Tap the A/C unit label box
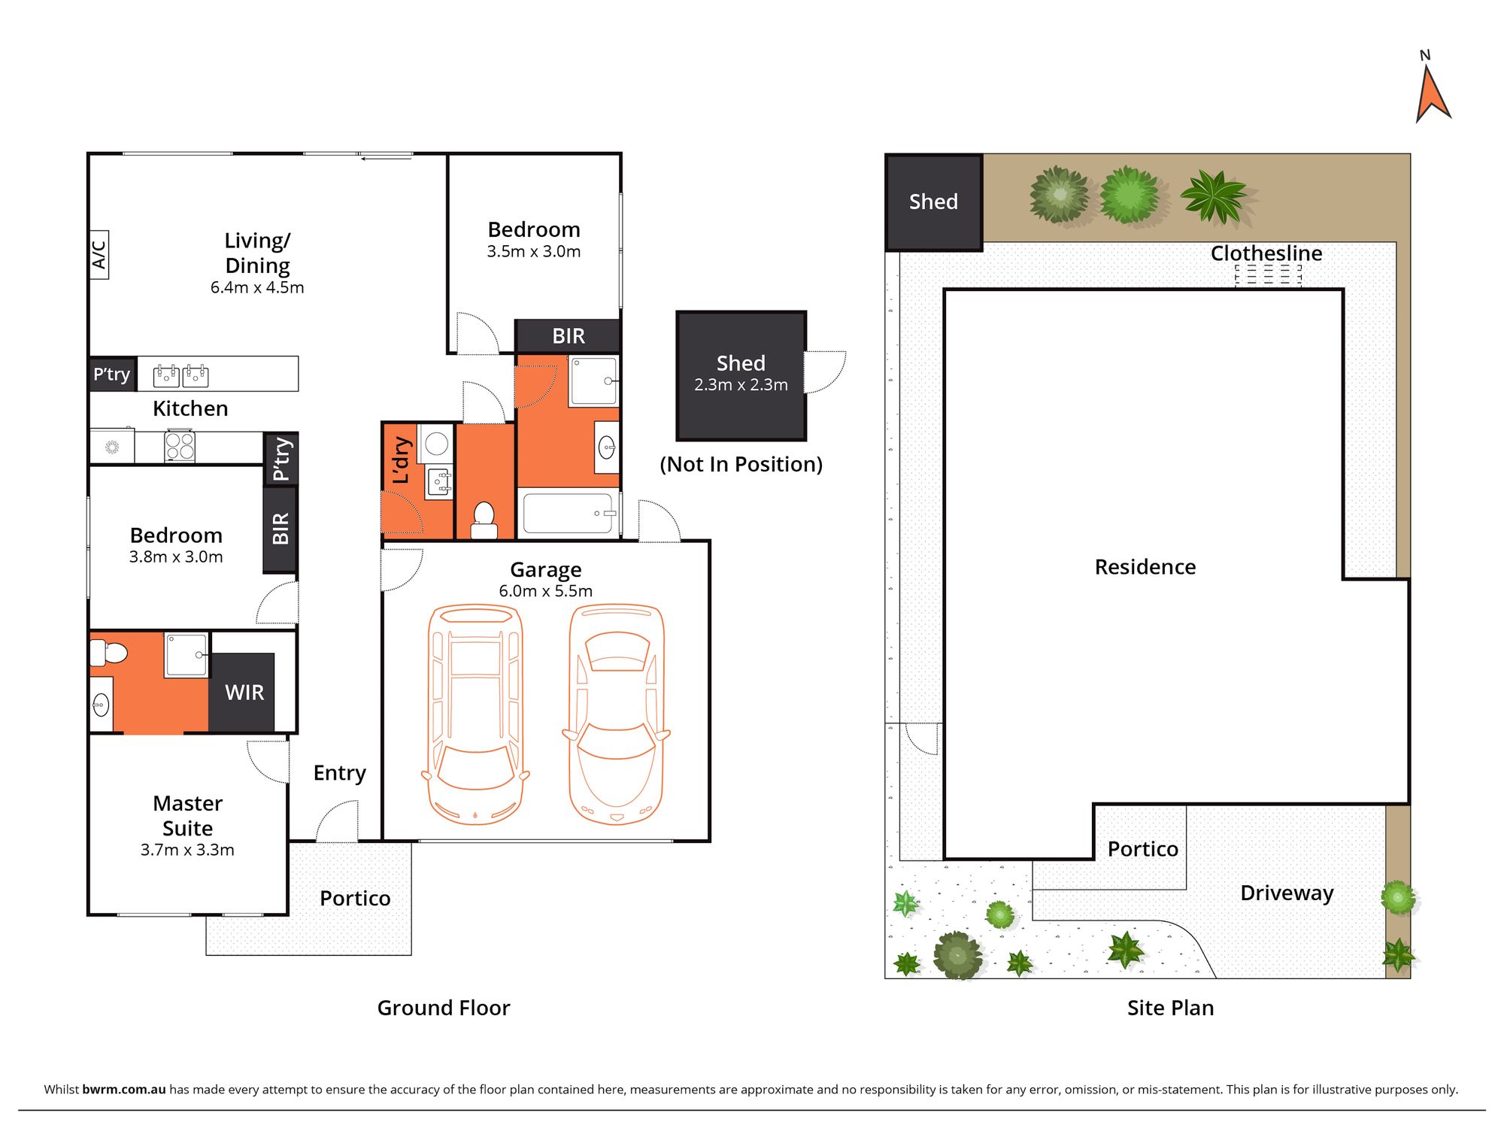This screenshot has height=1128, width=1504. (x=99, y=255)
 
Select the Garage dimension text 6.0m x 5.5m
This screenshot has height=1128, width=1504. (x=546, y=591)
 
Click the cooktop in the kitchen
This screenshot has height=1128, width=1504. (x=180, y=446)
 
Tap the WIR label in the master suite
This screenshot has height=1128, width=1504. (x=244, y=693)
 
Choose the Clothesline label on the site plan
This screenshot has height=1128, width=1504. (x=1266, y=253)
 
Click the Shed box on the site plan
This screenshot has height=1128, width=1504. (x=934, y=202)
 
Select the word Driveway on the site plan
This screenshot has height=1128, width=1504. (x=1287, y=893)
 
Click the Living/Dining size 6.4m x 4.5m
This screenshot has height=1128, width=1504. (x=257, y=287)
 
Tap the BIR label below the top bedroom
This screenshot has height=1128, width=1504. (x=569, y=336)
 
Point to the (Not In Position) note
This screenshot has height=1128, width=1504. (x=741, y=465)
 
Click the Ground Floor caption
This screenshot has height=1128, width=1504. (x=444, y=1008)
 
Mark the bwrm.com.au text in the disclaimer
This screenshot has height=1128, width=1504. (x=124, y=1089)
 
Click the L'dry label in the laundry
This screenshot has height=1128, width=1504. (x=402, y=460)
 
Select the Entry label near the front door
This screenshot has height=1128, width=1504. (x=340, y=773)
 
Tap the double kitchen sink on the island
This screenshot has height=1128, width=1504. (x=180, y=374)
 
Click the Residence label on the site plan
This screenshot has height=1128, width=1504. (x=1145, y=567)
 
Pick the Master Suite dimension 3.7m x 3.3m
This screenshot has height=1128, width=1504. (x=187, y=850)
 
